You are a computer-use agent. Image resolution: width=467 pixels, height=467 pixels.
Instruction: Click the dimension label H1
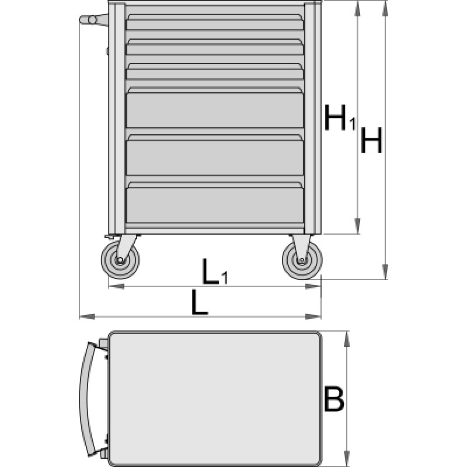(x=340, y=117)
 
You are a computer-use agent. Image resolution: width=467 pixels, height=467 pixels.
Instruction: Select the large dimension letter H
(x=371, y=140)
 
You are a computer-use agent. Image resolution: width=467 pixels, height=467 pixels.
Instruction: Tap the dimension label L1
(x=215, y=271)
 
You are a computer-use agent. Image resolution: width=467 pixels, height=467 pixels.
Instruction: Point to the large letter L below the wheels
(x=200, y=302)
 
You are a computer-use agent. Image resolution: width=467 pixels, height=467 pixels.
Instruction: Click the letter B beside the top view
(x=333, y=399)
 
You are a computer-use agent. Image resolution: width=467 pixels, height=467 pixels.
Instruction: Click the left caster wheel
(x=120, y=260)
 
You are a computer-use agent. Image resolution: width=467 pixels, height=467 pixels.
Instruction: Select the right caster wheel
(x=302, y=260)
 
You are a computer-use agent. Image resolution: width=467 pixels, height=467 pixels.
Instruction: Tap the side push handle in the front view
(x=93, y=20)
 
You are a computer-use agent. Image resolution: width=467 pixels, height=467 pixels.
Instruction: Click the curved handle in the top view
(x=84, y=399)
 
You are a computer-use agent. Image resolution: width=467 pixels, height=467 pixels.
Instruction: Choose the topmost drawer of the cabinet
(x=215, y=22)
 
